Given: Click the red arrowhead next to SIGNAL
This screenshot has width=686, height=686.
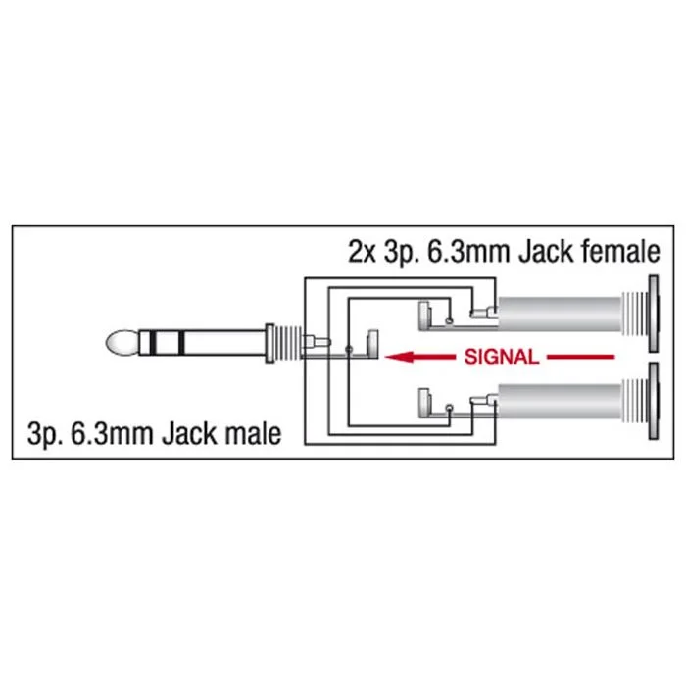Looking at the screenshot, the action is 399,357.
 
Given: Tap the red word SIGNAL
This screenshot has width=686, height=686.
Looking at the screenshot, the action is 502,357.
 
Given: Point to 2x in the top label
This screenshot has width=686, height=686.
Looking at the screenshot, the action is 362,252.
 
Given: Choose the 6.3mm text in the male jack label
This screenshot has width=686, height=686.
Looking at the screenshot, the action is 112,434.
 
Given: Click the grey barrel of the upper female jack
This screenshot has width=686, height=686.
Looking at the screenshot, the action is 560,314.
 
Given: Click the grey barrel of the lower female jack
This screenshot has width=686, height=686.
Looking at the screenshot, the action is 560,401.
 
